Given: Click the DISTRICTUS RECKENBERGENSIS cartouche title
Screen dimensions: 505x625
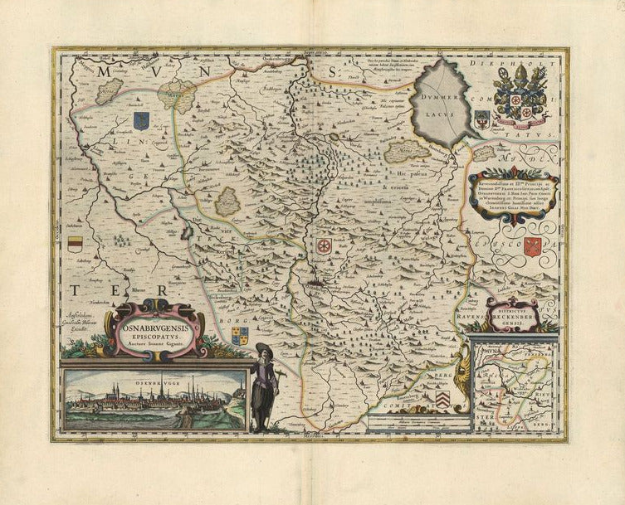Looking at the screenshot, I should coord(512,315).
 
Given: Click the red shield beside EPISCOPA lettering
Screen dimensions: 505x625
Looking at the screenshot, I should coord(534,246).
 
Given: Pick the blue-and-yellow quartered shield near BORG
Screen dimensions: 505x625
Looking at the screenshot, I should coord(239,335).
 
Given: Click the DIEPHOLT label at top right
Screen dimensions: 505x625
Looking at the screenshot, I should coord(537,63).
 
